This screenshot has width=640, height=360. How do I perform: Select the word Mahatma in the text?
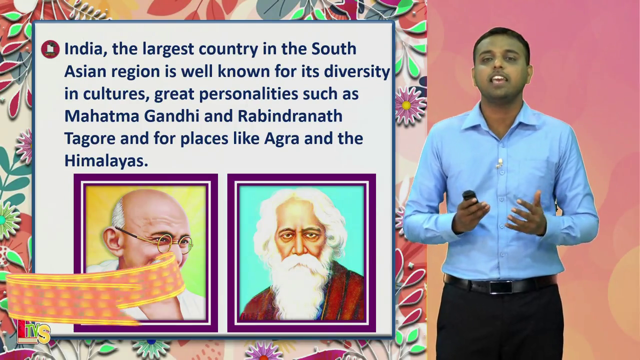(x=101, y=115)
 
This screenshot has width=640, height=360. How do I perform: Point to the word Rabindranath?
(x=290, y=115)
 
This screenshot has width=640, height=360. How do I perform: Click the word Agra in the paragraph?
(x=281, y=139)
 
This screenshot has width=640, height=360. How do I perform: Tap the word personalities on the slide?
(x=248, y=94)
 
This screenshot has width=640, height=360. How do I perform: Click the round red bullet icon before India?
(x=50, y=49)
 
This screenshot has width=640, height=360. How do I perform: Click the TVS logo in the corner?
(x=33, y=332)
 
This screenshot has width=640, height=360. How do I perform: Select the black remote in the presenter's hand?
(x=470, y=197)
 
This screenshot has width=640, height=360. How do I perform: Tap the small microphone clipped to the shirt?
(x=499, y=163)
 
